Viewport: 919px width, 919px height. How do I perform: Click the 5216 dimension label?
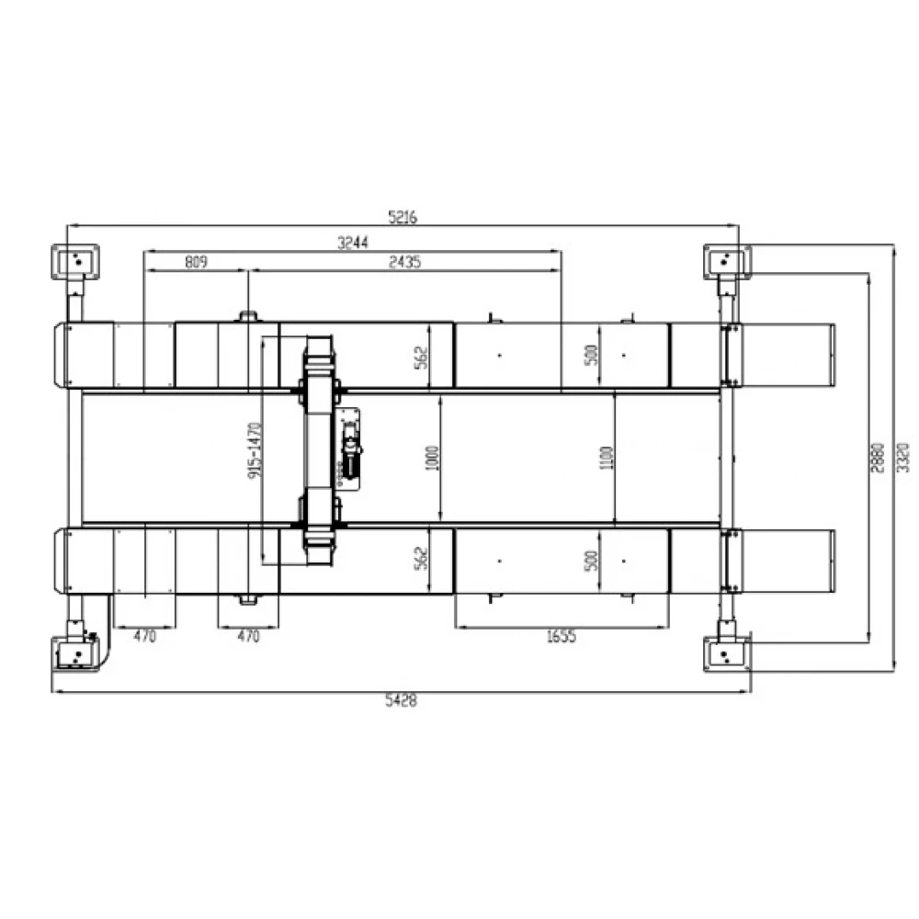[403, 217]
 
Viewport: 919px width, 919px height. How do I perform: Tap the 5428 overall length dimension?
[402, 700]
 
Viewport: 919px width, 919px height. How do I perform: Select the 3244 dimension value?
[353, 242]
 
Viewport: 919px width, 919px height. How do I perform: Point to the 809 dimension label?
[197, 261]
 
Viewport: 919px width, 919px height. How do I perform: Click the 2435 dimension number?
[405, 261]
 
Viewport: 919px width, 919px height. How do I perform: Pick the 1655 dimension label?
[562, 636]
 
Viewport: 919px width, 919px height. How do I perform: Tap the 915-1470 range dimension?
[255, 449]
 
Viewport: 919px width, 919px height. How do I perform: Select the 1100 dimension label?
[607, 458]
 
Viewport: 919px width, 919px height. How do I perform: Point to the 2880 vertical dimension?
[878, 459]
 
